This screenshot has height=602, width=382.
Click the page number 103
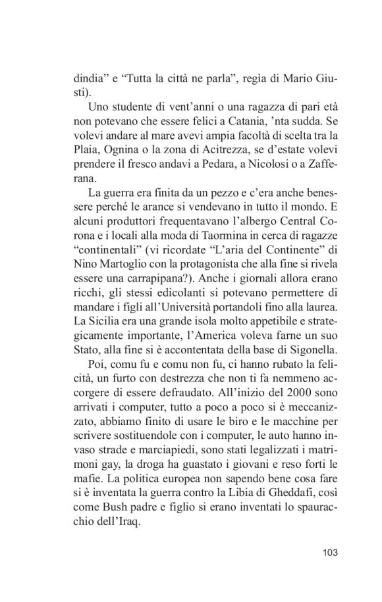coord(330,552)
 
